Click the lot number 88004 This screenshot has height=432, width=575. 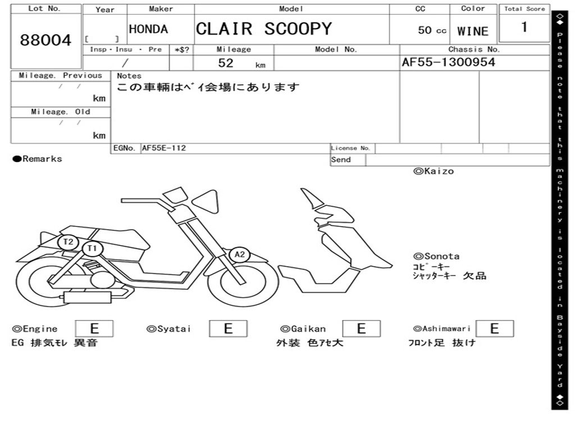pyautogui.click(x=46, y=40)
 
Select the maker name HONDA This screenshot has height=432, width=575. pyautogui.click(x=148, y=29)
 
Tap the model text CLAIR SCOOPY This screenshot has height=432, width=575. pyautogui.click(x=263, y=29)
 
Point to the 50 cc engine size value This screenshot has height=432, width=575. pyautogui.click(x=432, y=30)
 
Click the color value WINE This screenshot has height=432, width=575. pyautogui.click(x=473, y=31)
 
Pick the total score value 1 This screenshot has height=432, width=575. pyautogui.click(x=524, y=27)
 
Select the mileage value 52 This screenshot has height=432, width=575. pyautogui.click(x=226, y=63)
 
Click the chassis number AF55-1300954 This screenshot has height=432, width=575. pyautogui.click(x=449, y=62)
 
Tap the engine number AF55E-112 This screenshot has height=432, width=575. pyautogui.click(x=164, y=148)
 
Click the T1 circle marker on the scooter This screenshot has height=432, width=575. pyautogui.click(x=93, y=248)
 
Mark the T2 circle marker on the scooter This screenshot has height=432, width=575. pyautogui.click(x=69, y=242)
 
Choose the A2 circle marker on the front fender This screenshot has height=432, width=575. pyautogui.click(x=240, y=255)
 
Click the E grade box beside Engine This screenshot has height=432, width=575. pyautogui.click(x=94, y=328)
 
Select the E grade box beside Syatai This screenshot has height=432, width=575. pyautogui.click(x=228, y=328)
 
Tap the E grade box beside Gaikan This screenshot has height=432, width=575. pyautogui.click(x=361, y=328)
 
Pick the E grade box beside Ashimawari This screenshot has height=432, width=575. pyautogui.click(x=494, y=328)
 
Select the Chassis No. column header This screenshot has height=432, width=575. pyautogui.click(x=474, y=49)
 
